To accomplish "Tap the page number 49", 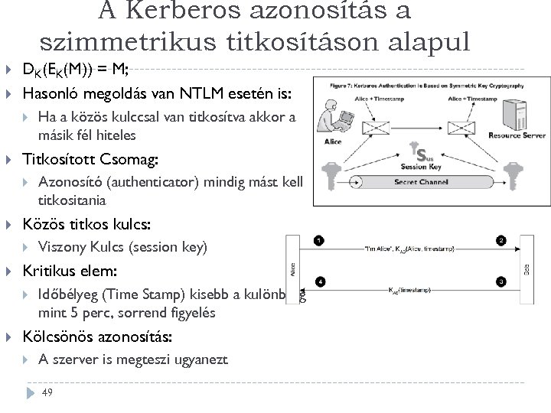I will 47,392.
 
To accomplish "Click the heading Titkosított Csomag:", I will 91,160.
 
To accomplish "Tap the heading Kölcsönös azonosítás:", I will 98,337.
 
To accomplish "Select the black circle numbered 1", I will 318,242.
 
